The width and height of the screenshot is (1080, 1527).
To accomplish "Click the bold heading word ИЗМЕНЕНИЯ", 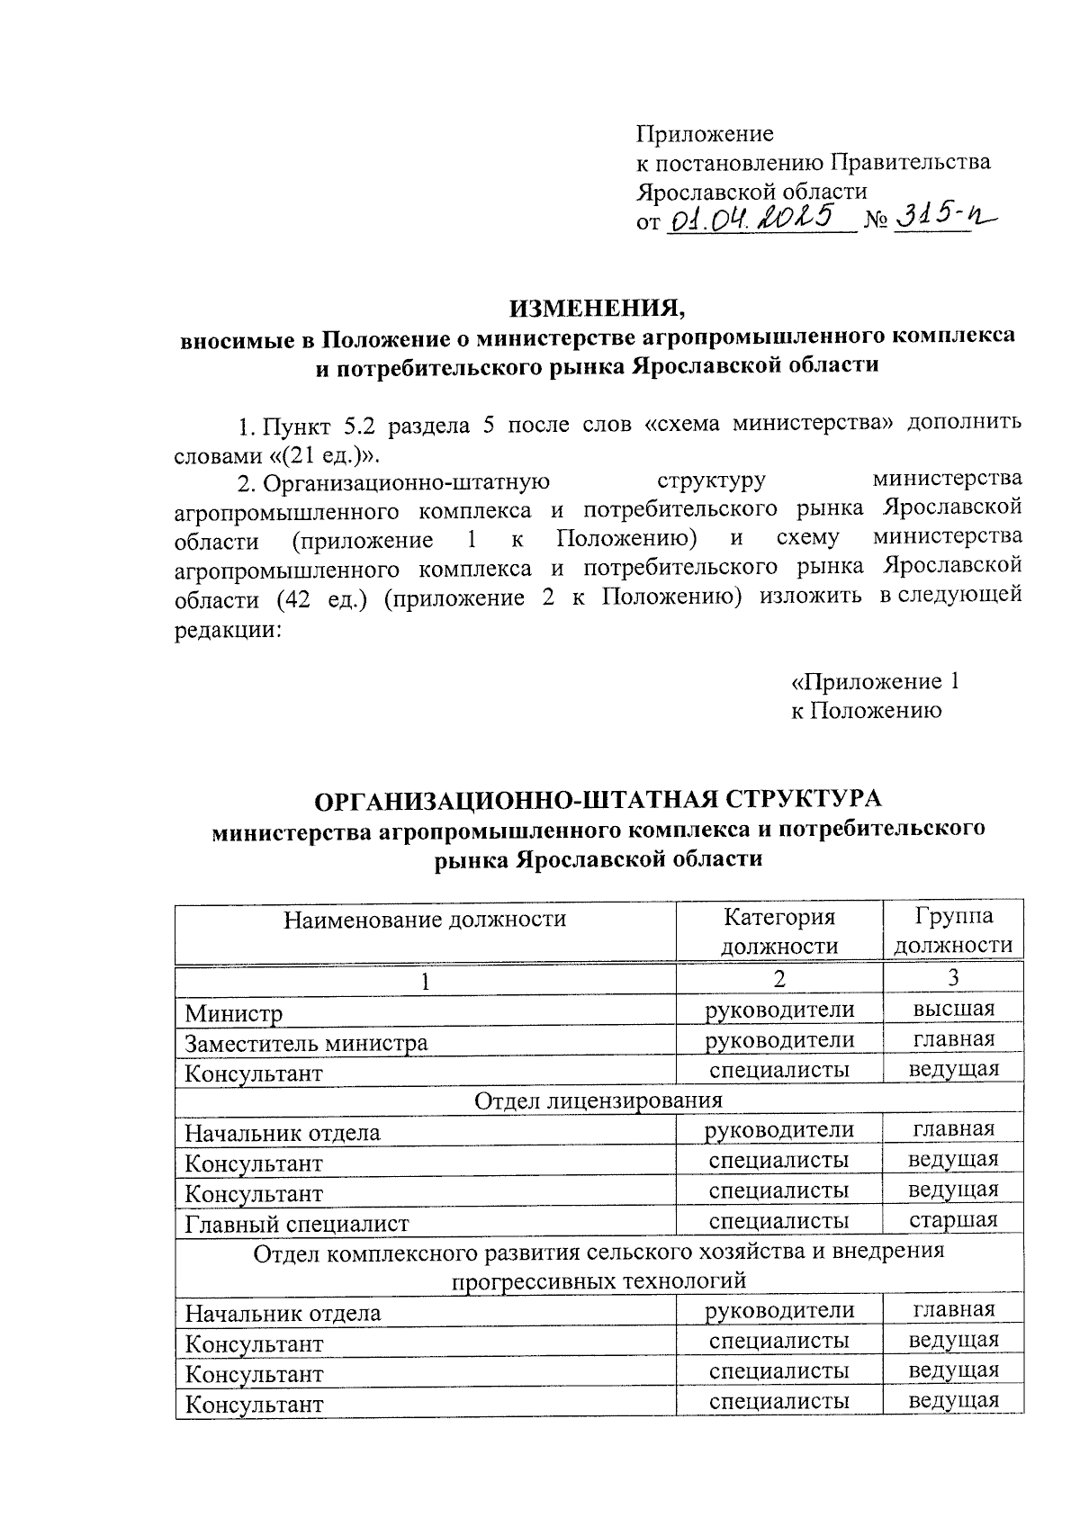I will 598,308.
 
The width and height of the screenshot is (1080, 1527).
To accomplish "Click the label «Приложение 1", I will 874,681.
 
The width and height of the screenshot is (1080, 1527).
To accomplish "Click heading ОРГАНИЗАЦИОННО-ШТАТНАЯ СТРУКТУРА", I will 598,799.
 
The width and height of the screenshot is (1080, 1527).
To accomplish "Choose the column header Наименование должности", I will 425,920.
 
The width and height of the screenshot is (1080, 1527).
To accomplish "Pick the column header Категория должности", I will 778,931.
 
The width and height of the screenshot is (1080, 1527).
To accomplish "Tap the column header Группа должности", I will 953,931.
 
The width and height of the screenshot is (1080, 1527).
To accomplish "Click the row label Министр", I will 234,1014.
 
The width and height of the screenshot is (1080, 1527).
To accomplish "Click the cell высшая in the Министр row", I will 953,1009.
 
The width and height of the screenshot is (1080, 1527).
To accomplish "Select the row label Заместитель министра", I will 306,1044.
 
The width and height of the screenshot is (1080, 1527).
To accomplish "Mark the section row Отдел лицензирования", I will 598,1100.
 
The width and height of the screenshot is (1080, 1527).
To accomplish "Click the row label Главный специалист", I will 297,1224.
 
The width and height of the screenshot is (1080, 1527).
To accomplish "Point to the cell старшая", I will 953,1220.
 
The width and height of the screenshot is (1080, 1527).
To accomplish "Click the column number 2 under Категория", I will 778,978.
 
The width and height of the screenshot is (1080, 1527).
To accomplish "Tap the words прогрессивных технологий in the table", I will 598,1280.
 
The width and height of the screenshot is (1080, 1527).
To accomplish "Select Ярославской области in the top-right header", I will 751,191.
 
